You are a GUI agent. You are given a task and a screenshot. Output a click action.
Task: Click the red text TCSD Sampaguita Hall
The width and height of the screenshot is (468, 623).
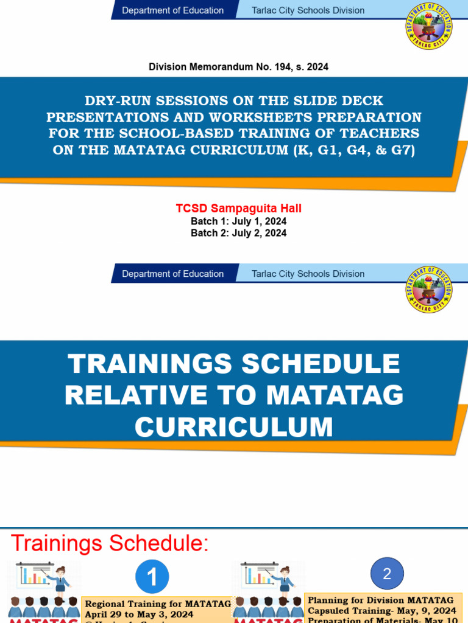click(x=239, y=209)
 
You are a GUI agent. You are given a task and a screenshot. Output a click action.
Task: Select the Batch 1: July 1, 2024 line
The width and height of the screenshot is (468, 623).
click(x=239, y=221)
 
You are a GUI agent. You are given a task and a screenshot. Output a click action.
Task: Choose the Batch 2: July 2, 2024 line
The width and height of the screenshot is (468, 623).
click(x=239, y=233)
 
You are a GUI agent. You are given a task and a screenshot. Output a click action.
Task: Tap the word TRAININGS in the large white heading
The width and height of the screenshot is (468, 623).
click(x=151, y=364)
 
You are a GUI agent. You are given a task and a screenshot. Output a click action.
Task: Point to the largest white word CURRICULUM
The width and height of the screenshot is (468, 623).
click(x=234, y=426)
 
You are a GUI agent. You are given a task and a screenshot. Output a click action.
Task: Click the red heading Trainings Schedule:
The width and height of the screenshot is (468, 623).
click(x=110, y=543)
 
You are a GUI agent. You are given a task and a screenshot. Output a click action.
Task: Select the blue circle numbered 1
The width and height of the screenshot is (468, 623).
click(x=152, y=576)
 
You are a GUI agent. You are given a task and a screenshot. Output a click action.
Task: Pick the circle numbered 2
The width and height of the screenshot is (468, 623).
click(x=386, y=573)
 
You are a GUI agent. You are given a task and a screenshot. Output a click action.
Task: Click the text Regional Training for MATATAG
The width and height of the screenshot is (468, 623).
click(x=157, y=604)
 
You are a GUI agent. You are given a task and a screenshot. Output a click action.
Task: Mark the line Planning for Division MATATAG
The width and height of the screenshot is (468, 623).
click(x=381, y=600)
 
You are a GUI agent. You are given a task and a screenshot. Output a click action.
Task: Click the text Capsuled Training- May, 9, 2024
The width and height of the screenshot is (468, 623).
click(x=382, y=610)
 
